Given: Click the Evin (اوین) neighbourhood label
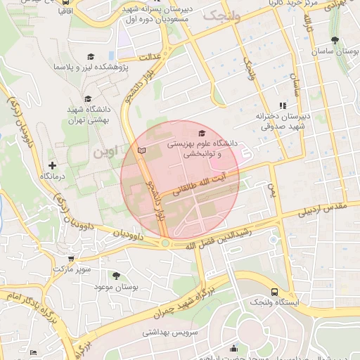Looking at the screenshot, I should coord(103,151).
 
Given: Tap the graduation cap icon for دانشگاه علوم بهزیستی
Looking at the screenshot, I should coord(202,133).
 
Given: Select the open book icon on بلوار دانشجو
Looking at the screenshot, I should coord(143,150).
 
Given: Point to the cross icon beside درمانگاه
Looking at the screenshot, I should coord(52,165).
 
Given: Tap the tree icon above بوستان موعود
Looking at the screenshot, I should coord(116,276).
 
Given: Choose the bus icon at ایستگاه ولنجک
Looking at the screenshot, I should coord(274,292).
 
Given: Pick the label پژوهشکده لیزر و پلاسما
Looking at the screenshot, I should coord(89,67).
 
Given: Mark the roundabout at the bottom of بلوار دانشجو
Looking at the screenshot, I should coord(165,243).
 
